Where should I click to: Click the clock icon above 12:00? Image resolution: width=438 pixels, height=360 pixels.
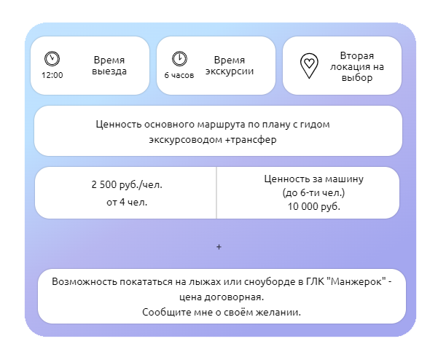(52, 58)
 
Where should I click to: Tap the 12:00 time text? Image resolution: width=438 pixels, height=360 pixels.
(52, 75)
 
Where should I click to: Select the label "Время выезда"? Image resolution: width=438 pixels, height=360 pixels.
(109, 66)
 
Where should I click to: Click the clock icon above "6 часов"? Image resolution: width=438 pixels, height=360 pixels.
(179, 58)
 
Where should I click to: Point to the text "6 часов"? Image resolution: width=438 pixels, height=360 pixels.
(179, 75)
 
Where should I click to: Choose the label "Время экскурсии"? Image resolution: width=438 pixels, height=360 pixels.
(230, 66)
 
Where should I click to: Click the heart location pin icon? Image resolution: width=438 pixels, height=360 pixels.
(309, 65)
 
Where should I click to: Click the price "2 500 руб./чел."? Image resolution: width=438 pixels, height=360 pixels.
(127, 185)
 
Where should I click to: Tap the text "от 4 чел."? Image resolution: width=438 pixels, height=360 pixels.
(127, 201)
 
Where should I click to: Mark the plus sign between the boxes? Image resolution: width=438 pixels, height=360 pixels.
(219, 247)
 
